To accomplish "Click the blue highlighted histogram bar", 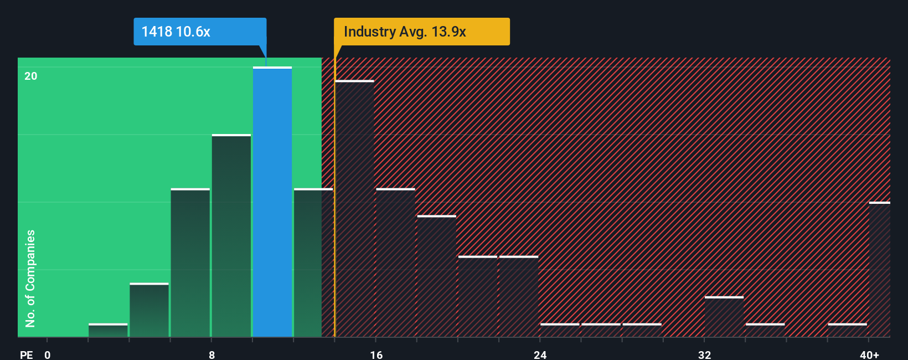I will (x=272, y=202).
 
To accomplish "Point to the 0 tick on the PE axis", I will (x=48, y=354).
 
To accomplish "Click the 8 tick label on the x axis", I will (x=211, y=354).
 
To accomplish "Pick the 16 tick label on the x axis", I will (x=376, y=354).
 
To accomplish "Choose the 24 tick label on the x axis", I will (x=540, y=354).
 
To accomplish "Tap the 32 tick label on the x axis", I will (x=704, y=354).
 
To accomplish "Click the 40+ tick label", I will (x=869, y=354).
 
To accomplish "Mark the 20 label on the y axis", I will (x=31, y=76).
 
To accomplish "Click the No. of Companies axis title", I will (x=30, y=278).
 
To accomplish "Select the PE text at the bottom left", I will (x=26, y=354).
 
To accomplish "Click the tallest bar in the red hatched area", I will (x=355, y=209).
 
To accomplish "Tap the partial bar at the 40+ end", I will (x=879, y=270).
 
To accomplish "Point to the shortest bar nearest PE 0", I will (x=108, y=331).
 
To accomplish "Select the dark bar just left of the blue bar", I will (x=231, y=236).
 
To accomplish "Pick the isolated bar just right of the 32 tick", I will (x=724, y=317).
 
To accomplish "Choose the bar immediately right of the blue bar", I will (x=313, y=263).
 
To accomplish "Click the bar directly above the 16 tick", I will (x=395, y=263).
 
